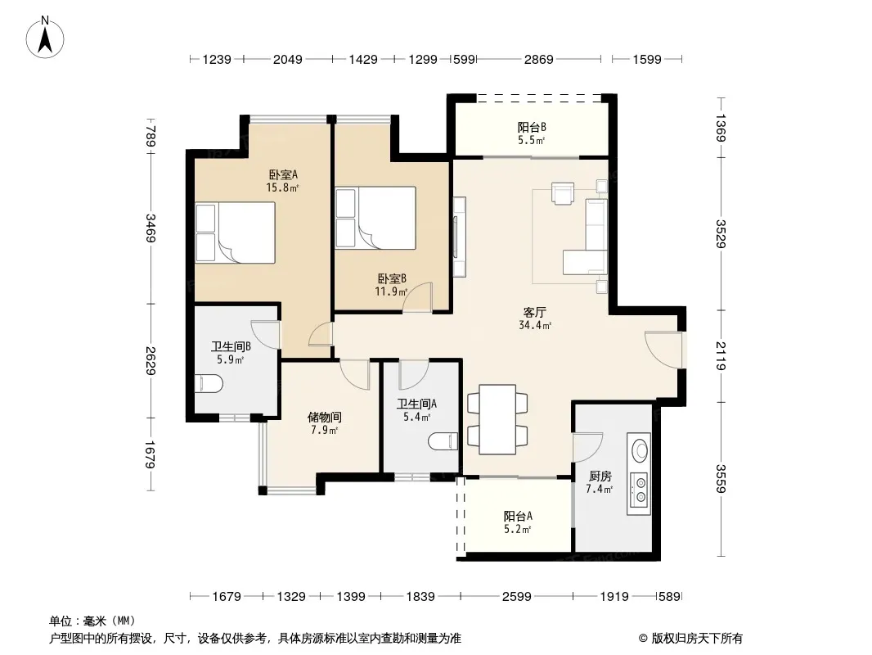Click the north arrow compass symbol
(x=45, y=37)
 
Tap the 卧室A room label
(x=283, y=174)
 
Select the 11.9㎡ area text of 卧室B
(x=391, y=291)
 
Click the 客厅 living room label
(x=534, y=312)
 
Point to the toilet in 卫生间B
(x=209, y=383)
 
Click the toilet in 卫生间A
(x=443, y=441)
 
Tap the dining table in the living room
(x=497, y=419)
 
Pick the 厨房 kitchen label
(x=600, y=477)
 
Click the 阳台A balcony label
(x=518, y=516)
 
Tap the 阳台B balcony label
(x=532, y=127)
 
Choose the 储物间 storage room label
(x=325, y=417)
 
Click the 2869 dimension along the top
(x=538, y=59)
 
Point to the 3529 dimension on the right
(x=721, y=233)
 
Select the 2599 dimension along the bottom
(x=517, y=597)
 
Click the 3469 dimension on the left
(x=151, y=228)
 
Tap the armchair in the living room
(x=562, y=194)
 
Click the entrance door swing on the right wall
(x=664, y=350)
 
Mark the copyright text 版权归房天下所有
(x=696, y=639)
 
